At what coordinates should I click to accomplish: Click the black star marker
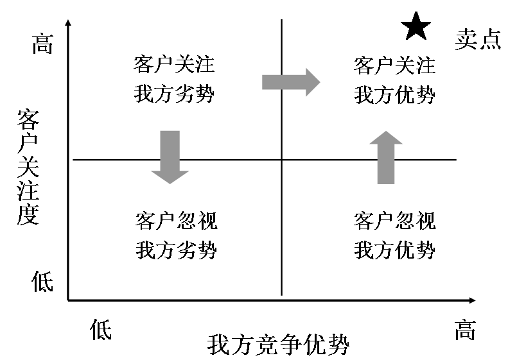tap(416, 27)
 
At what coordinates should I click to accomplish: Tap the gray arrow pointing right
tap(291, 81)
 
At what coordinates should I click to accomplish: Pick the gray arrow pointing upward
tap(385, 157)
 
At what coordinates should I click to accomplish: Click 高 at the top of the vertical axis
tap(42, 44)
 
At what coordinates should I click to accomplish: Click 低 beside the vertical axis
tap(42, 281)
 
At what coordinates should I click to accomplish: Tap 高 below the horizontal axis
tap(465, 330)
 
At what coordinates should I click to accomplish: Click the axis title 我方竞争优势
tap(278, 345)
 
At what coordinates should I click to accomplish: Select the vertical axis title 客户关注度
tap(28, 167)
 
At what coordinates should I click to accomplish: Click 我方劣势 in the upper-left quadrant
tap(174, 94)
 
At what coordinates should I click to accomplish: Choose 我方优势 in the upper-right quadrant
tap(394, 95)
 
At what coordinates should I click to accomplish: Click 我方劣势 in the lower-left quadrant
tap(176, 250)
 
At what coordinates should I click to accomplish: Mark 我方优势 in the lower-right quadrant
tap(394, 250)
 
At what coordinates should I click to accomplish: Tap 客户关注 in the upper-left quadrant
tap(174, 65)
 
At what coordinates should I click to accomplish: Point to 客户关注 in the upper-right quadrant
tap(394, 65)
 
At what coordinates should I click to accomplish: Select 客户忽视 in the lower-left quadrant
tap(176, 221)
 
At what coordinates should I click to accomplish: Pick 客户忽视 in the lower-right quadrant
tap(394, 221)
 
